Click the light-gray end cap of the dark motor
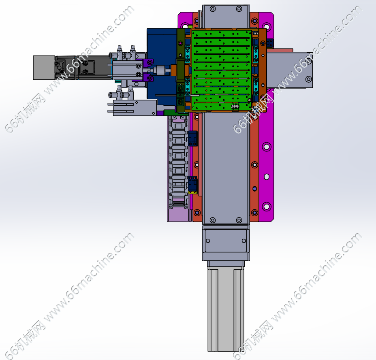[44, 68]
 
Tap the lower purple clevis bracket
[148, 78]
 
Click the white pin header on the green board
[235, 106]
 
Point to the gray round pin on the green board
[250, 100]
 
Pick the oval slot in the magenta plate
[267, 177]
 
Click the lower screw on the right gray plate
[309, 79]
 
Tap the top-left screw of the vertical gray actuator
[212, 9]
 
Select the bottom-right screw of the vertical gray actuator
[239, 220]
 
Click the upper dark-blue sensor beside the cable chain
[192, 138]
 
